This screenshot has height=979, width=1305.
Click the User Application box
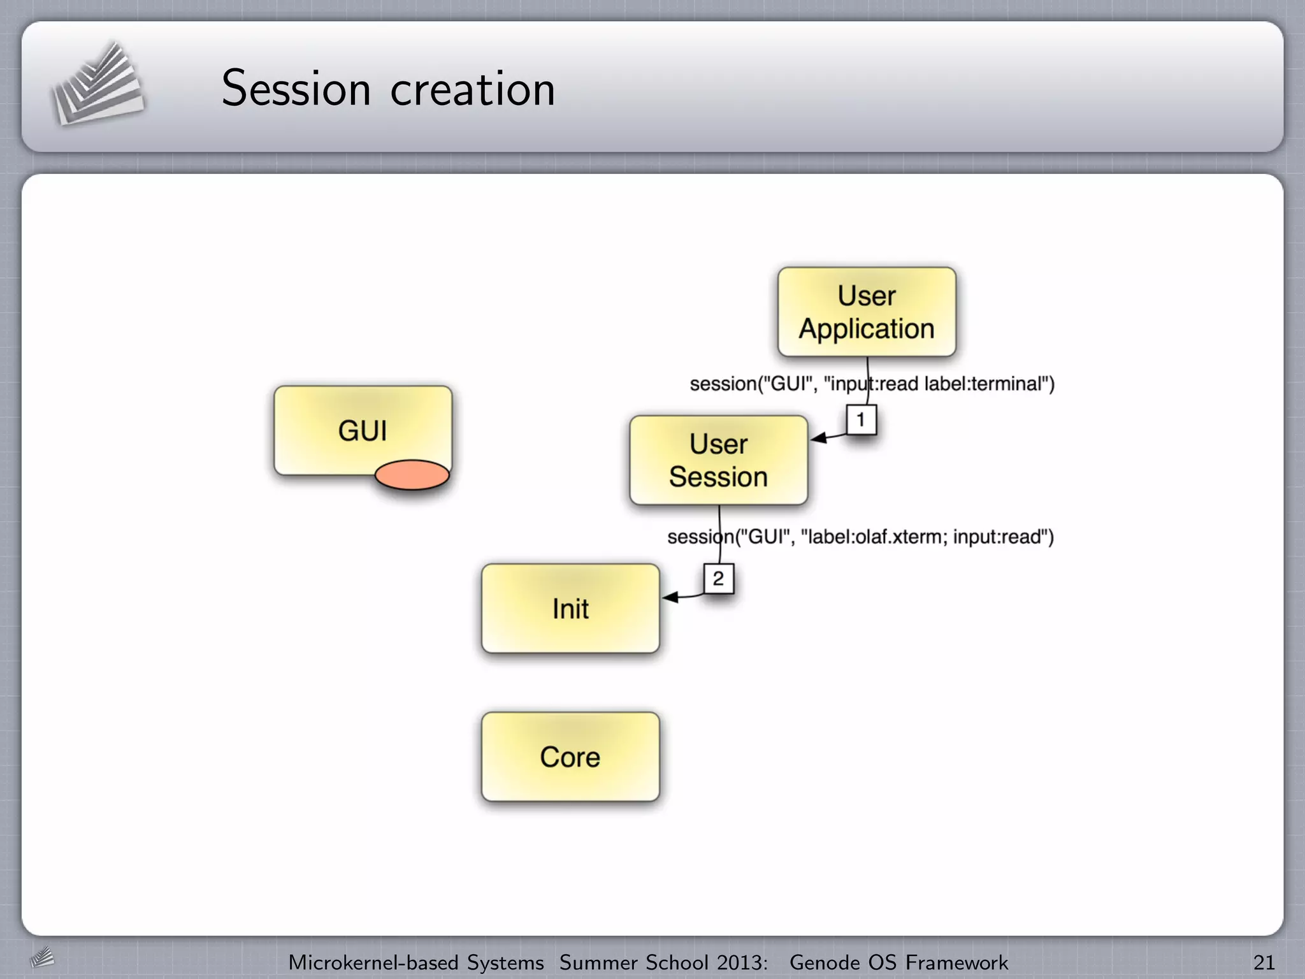pos(867,312)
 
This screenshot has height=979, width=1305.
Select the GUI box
pos(363,430)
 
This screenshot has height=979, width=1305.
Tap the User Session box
pos(718,460)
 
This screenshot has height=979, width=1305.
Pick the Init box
pos(570,609)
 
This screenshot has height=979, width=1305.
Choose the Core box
pos(570,757)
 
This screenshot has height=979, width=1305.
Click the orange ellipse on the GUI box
pos(412,475)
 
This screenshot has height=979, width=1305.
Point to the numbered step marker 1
pos(861,420)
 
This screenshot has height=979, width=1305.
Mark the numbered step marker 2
pos(718,579)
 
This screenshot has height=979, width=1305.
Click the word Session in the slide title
pos(296,89)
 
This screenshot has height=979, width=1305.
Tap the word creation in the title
pos(472,89)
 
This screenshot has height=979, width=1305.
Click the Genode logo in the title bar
pos(97,84)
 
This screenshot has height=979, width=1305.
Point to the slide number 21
pos(1264,962)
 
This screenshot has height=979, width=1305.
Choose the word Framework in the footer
pos(956,962)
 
